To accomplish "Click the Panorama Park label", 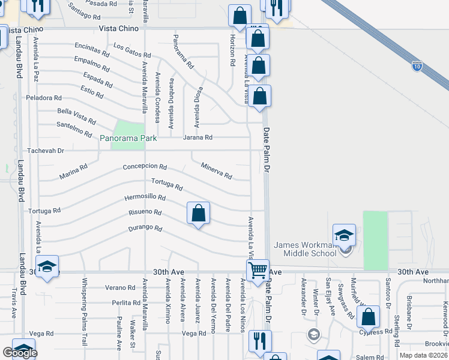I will pos(128,139).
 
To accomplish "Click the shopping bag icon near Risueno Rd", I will pos(199,213).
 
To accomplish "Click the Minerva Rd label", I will pos(216,171).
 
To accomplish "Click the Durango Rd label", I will pos(145,229).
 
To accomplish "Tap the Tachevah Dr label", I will pos(44,151).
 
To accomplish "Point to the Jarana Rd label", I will pos(197,137).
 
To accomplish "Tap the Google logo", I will pos(20,353).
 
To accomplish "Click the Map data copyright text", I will pos(423,355).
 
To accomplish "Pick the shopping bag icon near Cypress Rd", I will pos(368,317).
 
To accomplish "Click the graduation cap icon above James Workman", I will pos(345,235).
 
